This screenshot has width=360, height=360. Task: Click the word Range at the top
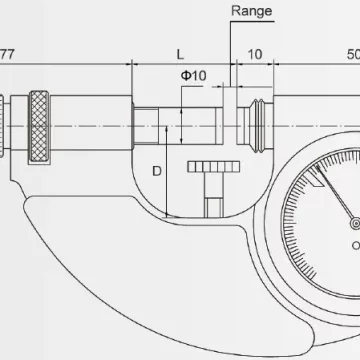click(x=252, y=11)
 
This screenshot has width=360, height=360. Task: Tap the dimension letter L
click(x=180, y=54)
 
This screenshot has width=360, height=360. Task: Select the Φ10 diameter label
click(x=194, y=76)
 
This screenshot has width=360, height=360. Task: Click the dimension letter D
click(x=157, y=171)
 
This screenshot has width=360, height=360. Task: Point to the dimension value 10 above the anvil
click(x=255, y=54)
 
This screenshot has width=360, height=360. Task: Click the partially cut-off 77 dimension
click(x=7, y=54)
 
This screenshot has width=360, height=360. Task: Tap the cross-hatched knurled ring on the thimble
click(x=39, y=126)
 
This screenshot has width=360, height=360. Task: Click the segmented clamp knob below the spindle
click(x=214, y=167)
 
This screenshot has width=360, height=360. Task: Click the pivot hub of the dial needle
click(x=356, y=223)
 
